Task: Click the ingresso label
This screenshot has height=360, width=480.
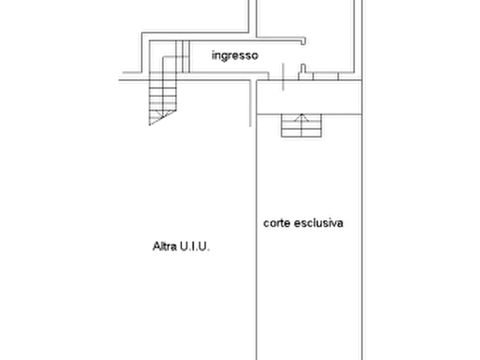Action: (x=234, y=55)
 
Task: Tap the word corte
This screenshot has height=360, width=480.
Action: (x=276, y=224)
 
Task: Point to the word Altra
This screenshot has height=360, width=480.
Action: (x=162, y=248)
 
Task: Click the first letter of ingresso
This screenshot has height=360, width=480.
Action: (x=210, y=55)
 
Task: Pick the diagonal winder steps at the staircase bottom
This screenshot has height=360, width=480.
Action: (x=161, y=116)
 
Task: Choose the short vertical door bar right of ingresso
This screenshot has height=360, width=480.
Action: (x=280, y=75)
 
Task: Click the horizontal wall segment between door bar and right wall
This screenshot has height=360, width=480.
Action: (x=323, y=74)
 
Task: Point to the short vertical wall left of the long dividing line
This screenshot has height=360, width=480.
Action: (x=249, y=105)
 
